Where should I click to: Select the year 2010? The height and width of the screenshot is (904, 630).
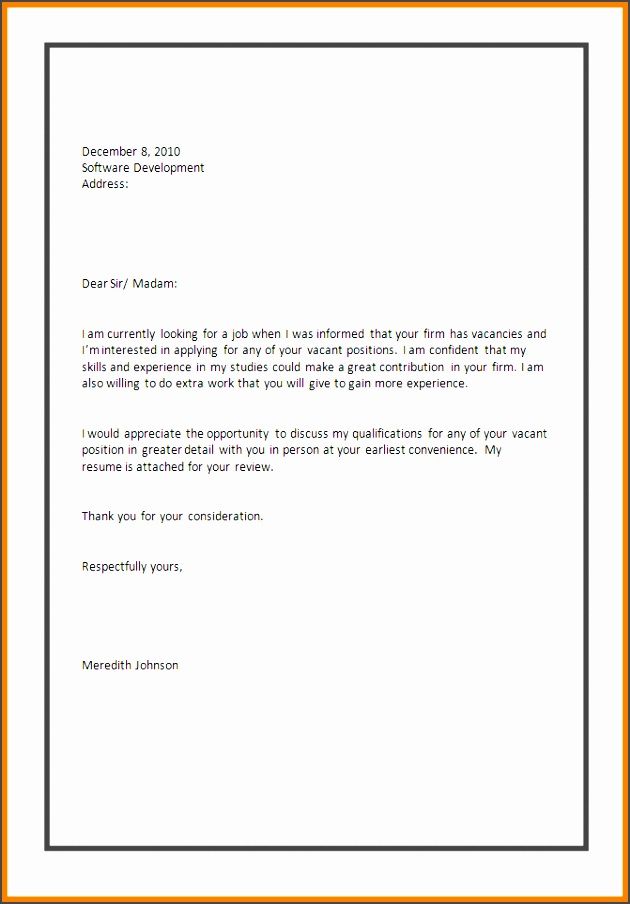tap(167, 152)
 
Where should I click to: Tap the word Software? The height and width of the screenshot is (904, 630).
tap(105, 168)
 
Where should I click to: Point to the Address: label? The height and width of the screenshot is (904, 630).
tap(105, 184)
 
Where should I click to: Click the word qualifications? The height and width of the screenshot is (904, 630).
tap(377, 434)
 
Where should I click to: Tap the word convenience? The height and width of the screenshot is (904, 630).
tap(440, 450)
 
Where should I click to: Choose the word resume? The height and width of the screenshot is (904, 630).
tap(101, 467)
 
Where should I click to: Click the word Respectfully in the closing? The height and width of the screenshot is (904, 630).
tap(114, 567)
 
